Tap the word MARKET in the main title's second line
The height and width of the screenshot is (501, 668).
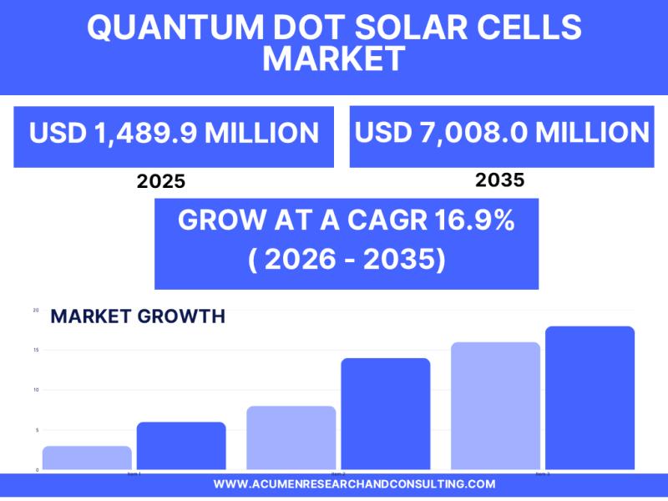coord(334,60)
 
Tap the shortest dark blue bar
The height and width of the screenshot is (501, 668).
coord(181,446)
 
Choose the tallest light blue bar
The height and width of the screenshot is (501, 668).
coord(495,406)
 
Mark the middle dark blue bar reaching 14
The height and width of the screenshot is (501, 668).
coord(386,414)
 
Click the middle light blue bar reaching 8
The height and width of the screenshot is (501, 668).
coord(291,438)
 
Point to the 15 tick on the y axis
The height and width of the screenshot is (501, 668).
coord(35,350)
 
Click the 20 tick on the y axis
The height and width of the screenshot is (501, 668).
coord(35,311)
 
